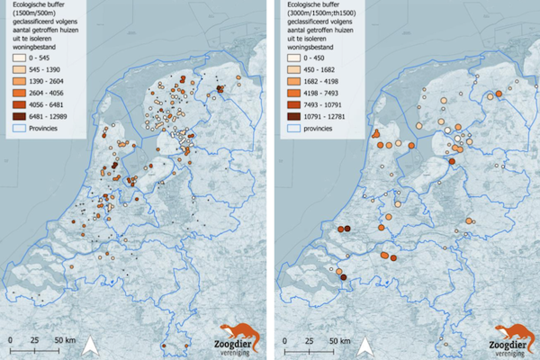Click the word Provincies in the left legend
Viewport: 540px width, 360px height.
click(43, 128)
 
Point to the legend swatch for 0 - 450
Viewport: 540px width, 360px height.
click(293, 58)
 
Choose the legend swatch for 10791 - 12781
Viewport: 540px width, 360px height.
click(293, 117)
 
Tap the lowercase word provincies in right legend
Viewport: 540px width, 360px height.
click(318, 128)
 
